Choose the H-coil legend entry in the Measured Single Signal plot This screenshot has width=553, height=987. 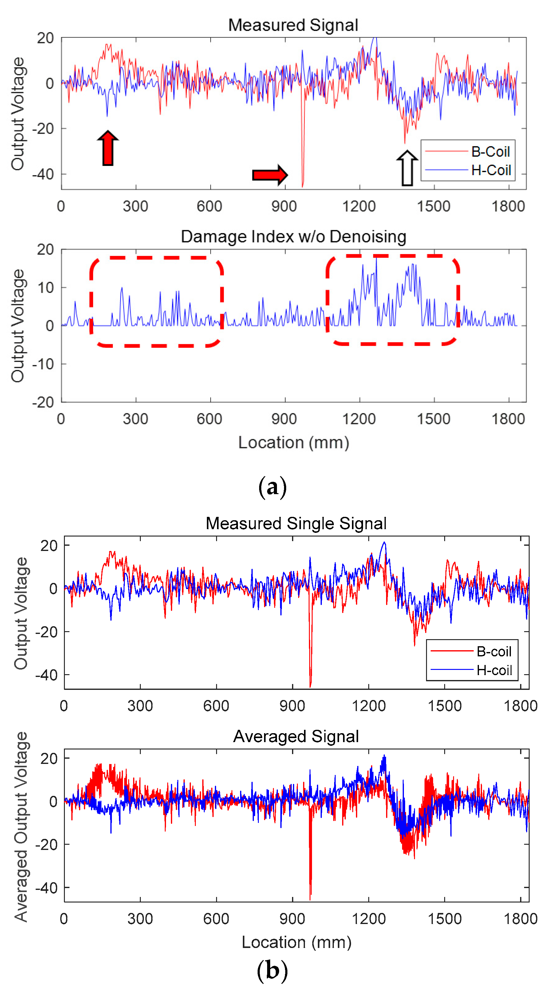tap(494, 670)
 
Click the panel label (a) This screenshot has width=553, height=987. tap(272, 487)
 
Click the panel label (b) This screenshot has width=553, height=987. tap(272, 970)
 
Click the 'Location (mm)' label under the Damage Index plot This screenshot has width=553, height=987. tap(293, 442)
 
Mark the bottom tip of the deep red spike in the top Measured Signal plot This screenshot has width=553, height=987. tap(302, 186)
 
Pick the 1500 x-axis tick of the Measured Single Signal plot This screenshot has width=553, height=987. tap(444, 706)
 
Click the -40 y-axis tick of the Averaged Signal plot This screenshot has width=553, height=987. tap(46, 888)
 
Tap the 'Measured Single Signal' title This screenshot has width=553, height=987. tap(296, 523)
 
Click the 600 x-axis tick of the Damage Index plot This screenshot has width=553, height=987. tap(210, 419)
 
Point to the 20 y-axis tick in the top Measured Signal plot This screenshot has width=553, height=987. tap(45, 38)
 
